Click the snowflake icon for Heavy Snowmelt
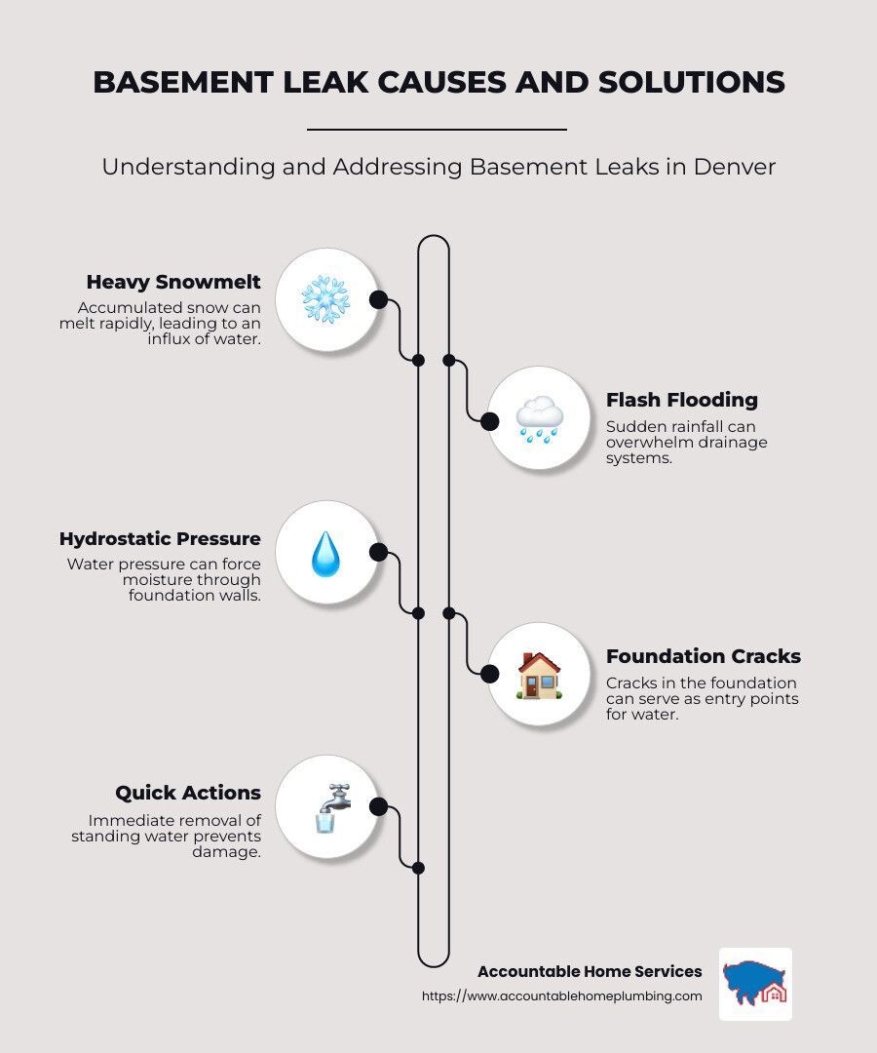[325, 299]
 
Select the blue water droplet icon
[325, 554]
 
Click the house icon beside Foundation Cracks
[538, 675]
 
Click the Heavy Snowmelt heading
[173, 282]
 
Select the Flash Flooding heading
[682, 400]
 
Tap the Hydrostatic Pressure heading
[160, 538]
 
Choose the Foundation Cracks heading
[704, 656]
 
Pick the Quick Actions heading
[188, 793]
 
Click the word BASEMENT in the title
[182, 82]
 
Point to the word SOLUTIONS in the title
[691, 82]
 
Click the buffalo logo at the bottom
[755, 984]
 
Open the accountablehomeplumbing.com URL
[561, 995]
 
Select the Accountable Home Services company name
[590, 971]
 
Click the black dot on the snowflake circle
[378, 299]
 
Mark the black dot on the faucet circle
[378, 806]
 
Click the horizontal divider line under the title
[437, 129]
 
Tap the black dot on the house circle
[490, 674]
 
